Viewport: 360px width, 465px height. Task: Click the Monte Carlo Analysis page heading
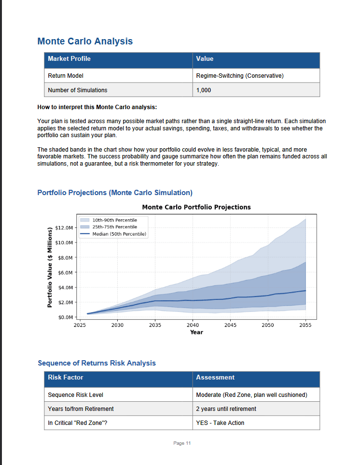(x=85, y=41)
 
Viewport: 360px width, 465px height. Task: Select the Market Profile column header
(x=69, y=59)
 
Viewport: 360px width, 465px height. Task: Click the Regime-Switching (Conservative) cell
(x=240, y=76)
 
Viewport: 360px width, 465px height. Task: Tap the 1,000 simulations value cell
(x=204, y=90)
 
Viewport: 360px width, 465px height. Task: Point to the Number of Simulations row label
(x=78, y=90)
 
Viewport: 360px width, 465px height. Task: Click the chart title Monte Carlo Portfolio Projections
(x=196, y=207)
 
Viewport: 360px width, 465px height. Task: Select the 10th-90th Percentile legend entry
(x=114, y=220)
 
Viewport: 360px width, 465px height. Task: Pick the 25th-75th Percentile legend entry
(x=114, y=227)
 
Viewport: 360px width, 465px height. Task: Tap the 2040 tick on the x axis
(x=193, y=325)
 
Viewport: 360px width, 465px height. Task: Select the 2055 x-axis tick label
(x=305, y=325)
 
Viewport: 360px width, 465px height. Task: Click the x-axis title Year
(x=196, y=332)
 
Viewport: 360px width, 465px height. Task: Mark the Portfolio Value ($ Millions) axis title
(x=50, y=267)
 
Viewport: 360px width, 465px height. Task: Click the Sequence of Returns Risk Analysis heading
(x=97, y=363)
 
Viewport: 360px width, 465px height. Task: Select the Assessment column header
(x=215, y=378)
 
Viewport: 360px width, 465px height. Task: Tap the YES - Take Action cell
(x=220, y=423)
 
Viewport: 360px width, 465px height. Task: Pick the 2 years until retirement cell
(x=226, y=409)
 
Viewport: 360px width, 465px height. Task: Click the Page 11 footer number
(x=182, y=443)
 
